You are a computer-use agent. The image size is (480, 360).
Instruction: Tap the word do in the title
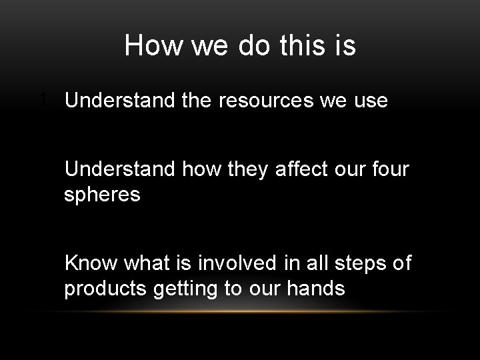(x=248, y=46)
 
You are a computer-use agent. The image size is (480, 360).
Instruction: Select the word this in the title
(x=301, y=46)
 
